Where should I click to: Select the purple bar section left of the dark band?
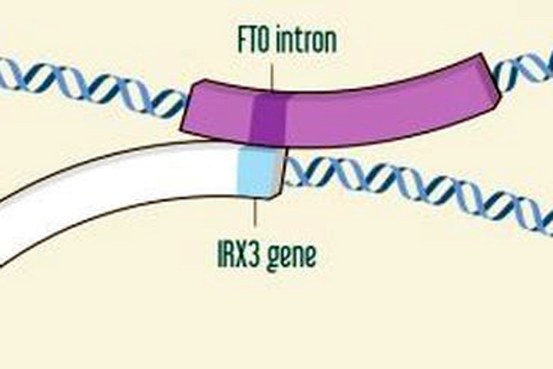click(x=219, y=114)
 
